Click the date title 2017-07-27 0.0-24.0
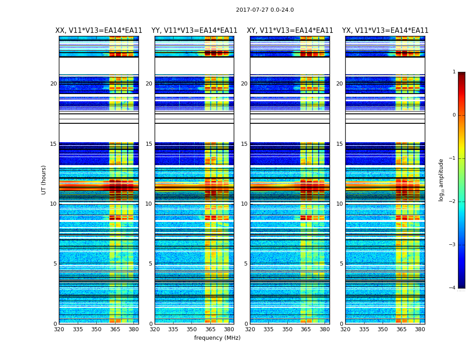(x=265, y=10)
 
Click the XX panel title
(x=98, y=31)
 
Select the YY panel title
(x=194, y=31)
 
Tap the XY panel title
(x=290, y=31)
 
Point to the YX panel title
(x=385, y=31)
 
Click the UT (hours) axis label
(x=44, y=180)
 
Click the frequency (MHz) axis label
(x=217, y=338)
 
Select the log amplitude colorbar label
(x=441, y=180)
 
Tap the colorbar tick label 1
(x=454, y=72)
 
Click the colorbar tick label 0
(x=454, y=115)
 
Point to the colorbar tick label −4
(x=453, y=288)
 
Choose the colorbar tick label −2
(x=453, y=202)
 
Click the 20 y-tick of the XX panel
(x=53, y=84)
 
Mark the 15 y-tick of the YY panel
(x=149, y=144)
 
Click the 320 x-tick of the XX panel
(x=59, y=329)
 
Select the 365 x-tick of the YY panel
(x=210, y=329)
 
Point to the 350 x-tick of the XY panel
(x=287, y=329)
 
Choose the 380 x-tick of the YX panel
(x=420, y=329)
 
